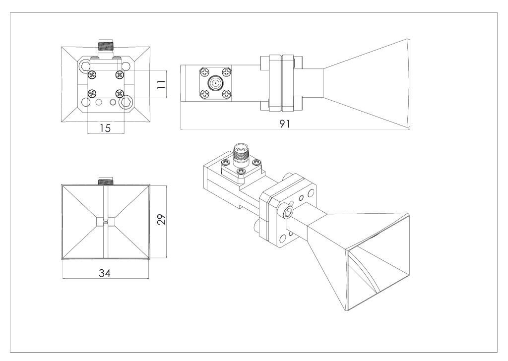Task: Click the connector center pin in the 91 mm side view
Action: point(215,83)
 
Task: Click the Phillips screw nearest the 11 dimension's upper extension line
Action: point(119,74)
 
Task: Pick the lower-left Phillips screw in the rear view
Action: point(92,94)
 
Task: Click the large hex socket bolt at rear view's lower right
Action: point(127,103)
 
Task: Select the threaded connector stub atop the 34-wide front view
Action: point(105,181)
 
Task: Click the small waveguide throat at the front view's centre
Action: point(105,222)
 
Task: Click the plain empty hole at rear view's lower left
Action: point(85,103)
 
